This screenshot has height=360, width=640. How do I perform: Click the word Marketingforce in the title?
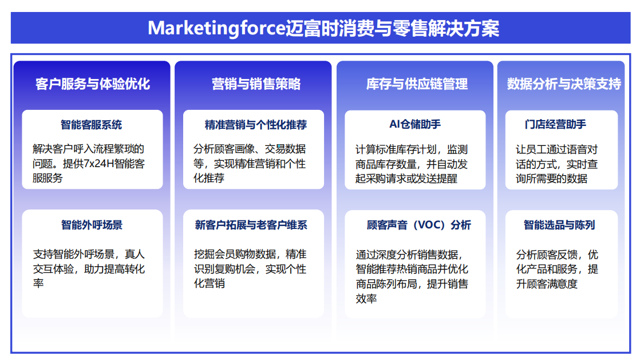tap(216, 28)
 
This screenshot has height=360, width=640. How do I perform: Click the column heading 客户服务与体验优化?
tap(93, 84)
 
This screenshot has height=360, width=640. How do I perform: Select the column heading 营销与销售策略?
tap(256, 84)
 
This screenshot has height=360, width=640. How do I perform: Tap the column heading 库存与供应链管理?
tap(417, 84)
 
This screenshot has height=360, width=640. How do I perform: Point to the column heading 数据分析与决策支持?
tap(564, 84)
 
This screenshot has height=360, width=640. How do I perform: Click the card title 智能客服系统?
tap(92, 125)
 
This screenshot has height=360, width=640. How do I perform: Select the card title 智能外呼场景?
tap(92, 225)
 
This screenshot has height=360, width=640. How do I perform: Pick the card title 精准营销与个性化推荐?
tap(256, 125)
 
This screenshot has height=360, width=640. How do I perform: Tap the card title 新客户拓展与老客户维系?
tap(251, 225)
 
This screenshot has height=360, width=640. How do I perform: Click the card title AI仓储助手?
tap(415, 124)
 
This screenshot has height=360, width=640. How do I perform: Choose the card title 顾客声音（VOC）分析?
tap(419, 225)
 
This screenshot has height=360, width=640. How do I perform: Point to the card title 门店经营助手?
tap(555, 124)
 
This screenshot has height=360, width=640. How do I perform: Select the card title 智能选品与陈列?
tap(559, 225)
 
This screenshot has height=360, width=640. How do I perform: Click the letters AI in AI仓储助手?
tap(394, 124)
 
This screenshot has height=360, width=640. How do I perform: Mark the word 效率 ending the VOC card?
tap(366, 298)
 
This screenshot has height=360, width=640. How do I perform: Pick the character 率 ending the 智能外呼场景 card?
tap(38, 283)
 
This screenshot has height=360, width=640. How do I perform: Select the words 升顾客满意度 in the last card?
tap(547, 284)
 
